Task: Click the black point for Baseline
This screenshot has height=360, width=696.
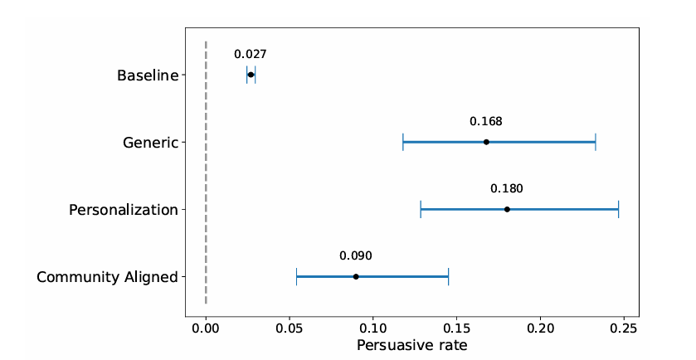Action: pyautogui.click(x=251, y=75)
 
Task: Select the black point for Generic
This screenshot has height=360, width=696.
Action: pyautogui.click(x=486, y=142)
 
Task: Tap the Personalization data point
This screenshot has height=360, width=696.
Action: pyautogui.click(x=507, y=210)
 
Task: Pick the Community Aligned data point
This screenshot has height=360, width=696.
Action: pyautogui.click(x=356, y=276)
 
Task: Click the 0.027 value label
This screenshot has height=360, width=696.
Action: pyautogui.click(x=251, y=54)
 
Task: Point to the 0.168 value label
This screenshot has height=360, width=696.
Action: pyautogui.click(x=486, y=121)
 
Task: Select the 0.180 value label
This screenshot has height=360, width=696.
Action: pyautogui.click(x=507, y=188)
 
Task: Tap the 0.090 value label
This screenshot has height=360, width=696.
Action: pyautogui.click(x=356, y=255)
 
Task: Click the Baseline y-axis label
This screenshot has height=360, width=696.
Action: pyautogui.click(x=148, y=75)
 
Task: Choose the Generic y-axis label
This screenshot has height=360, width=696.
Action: pyautogui.click(x=150, y=143)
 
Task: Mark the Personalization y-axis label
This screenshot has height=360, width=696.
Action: pyautogui.click(x=124, y=210)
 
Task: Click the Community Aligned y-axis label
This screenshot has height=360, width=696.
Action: pyautogui.click(x=107, y=277)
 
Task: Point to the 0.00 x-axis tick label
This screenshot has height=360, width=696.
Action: pyautogui.click(x=206, y=328)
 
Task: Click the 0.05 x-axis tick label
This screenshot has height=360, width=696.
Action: pyautogui.click(x=290, y=328)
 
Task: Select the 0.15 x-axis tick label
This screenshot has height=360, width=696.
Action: pyautogui.click(x=457, y=328)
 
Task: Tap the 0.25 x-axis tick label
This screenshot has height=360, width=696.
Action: pyautogui.click(x=624, y=328)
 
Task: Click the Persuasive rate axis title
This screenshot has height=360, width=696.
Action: pyautogui.click(x=412, y=345)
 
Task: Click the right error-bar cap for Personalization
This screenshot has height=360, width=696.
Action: pyautogui.click(x=618, y=210)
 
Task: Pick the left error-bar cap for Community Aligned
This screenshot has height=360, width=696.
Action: pyautogui.click(x=296, y=276)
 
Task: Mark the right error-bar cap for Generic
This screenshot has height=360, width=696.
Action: pyautogui.click(x=596, y=142)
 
